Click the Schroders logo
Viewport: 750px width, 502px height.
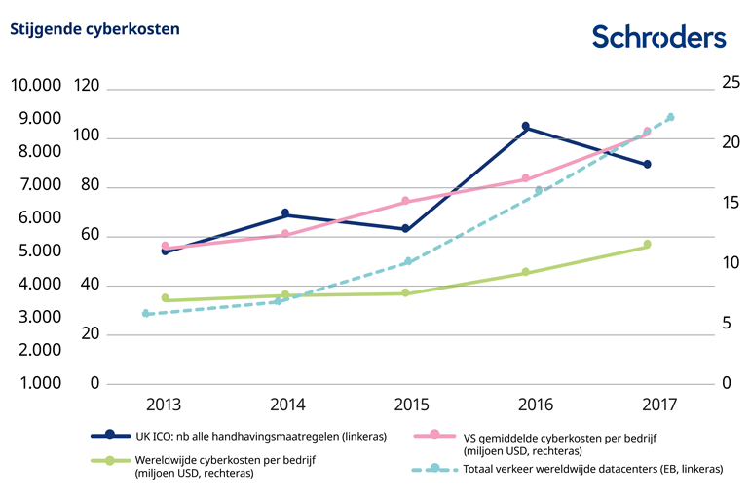[x=658, y=36]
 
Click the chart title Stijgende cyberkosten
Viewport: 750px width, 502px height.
[x=94, y=29]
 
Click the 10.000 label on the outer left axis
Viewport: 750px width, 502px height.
[x=36, y=87]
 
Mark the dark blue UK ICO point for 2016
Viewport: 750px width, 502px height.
[x=526, y=127]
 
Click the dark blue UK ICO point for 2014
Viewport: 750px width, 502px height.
[x=285, y=212]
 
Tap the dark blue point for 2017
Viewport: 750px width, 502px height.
[x=647, y=164]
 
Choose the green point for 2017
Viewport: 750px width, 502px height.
[x=647, y=245]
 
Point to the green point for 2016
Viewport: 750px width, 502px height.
[x=526, y=272]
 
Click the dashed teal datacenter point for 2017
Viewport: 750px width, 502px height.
[x=671, y=117]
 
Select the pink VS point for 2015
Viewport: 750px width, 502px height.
[x=405, y=201]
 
